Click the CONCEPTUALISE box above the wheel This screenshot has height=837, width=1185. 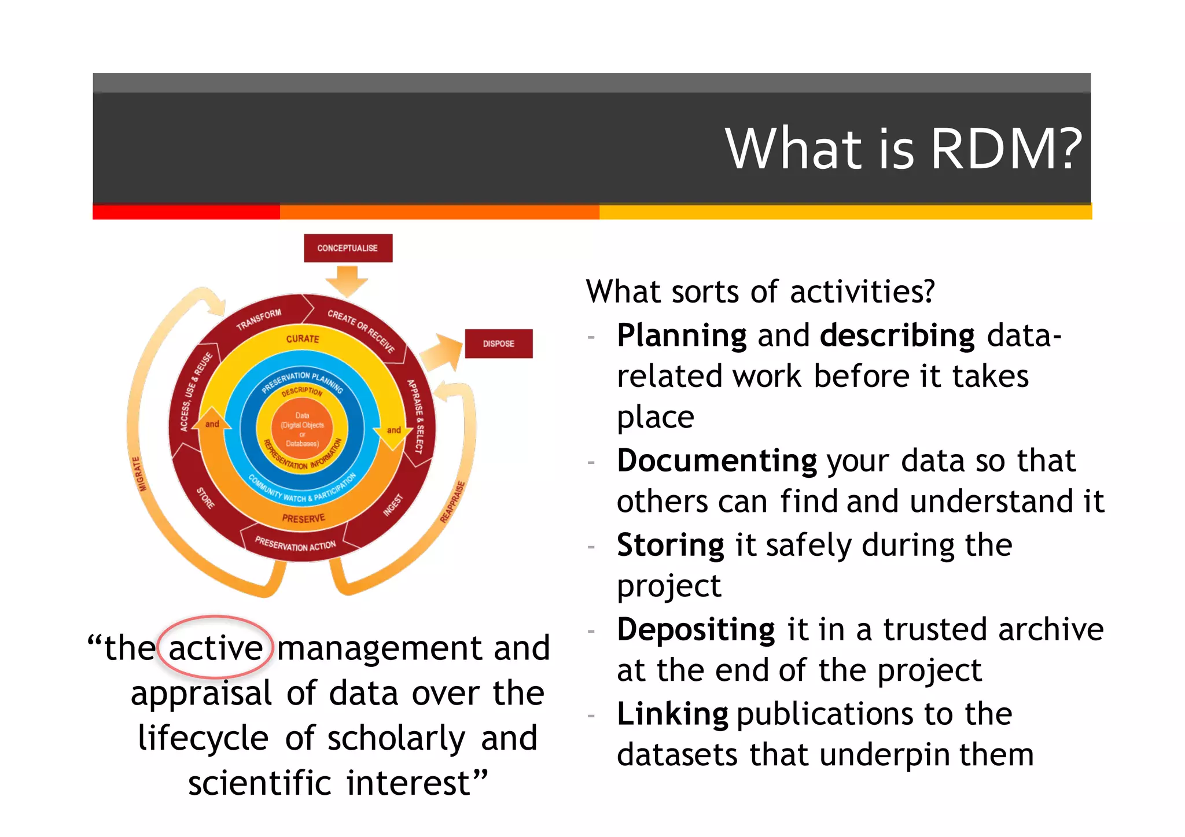[348, 248]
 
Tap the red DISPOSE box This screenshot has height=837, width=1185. [498, 344]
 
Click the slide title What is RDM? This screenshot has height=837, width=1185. [903, 149]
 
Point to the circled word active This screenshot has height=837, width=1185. [215, 648]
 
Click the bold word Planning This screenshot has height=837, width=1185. [682, 335]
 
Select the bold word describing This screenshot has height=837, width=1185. [897, 335]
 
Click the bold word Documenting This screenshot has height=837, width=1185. [716, 461]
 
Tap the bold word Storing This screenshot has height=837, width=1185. [670, 545]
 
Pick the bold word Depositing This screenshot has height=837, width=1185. [695, 629]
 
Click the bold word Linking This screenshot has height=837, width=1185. [672, 714]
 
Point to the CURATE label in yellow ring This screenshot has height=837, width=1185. [303, 338]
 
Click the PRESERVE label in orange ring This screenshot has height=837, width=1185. [303, 518]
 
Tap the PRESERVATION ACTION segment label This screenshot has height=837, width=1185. [295, 545]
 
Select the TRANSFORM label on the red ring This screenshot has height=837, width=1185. [259, 319]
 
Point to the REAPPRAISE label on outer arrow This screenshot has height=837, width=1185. [452, 502]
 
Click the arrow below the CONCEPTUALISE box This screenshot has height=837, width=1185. [347, 280]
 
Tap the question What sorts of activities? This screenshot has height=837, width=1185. [760, 292]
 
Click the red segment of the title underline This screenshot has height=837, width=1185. [186, 212]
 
